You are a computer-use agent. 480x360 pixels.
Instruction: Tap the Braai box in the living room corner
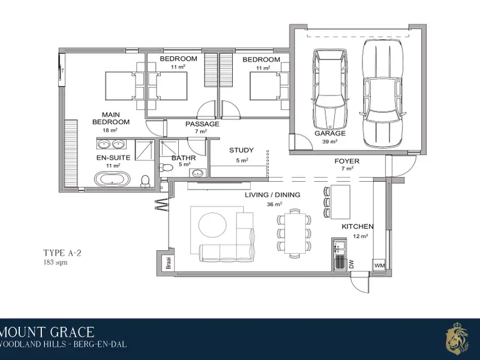point(169,263)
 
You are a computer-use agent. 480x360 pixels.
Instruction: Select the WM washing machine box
point(379,265)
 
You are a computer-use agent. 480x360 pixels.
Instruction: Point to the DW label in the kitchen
point(352,264)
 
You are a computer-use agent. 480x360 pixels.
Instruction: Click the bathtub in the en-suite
point(112,179)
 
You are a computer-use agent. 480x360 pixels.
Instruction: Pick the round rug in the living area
point(212,224)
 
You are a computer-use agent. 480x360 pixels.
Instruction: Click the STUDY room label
point(242,150)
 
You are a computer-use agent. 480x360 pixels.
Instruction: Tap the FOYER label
point(347,161)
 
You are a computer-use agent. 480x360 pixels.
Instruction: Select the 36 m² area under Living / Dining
point(274,204)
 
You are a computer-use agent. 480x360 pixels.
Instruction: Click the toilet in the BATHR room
point(166,167)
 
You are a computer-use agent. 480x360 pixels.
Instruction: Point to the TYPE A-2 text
point(62,253)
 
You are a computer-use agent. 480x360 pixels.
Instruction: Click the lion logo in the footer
point(457,337)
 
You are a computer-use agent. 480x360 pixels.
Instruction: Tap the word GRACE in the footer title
point(72,332)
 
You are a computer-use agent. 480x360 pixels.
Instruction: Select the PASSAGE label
point(202,124)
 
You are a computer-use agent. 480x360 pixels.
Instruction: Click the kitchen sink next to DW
point(340,247)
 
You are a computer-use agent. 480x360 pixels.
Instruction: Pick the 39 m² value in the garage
point(329,142)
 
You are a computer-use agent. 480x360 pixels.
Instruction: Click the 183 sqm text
point(55,262)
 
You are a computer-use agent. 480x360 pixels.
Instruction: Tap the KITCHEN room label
point(358,227)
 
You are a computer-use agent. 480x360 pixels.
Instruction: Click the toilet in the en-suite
point(145,181)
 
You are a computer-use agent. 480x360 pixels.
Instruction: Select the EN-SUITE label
point(113,158)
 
